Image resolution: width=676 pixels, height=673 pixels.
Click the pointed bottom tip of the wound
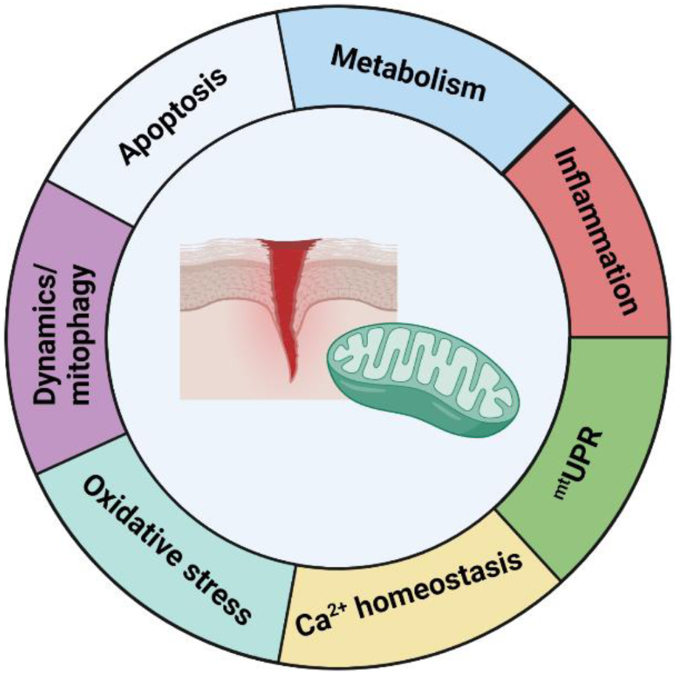(291, 377)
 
